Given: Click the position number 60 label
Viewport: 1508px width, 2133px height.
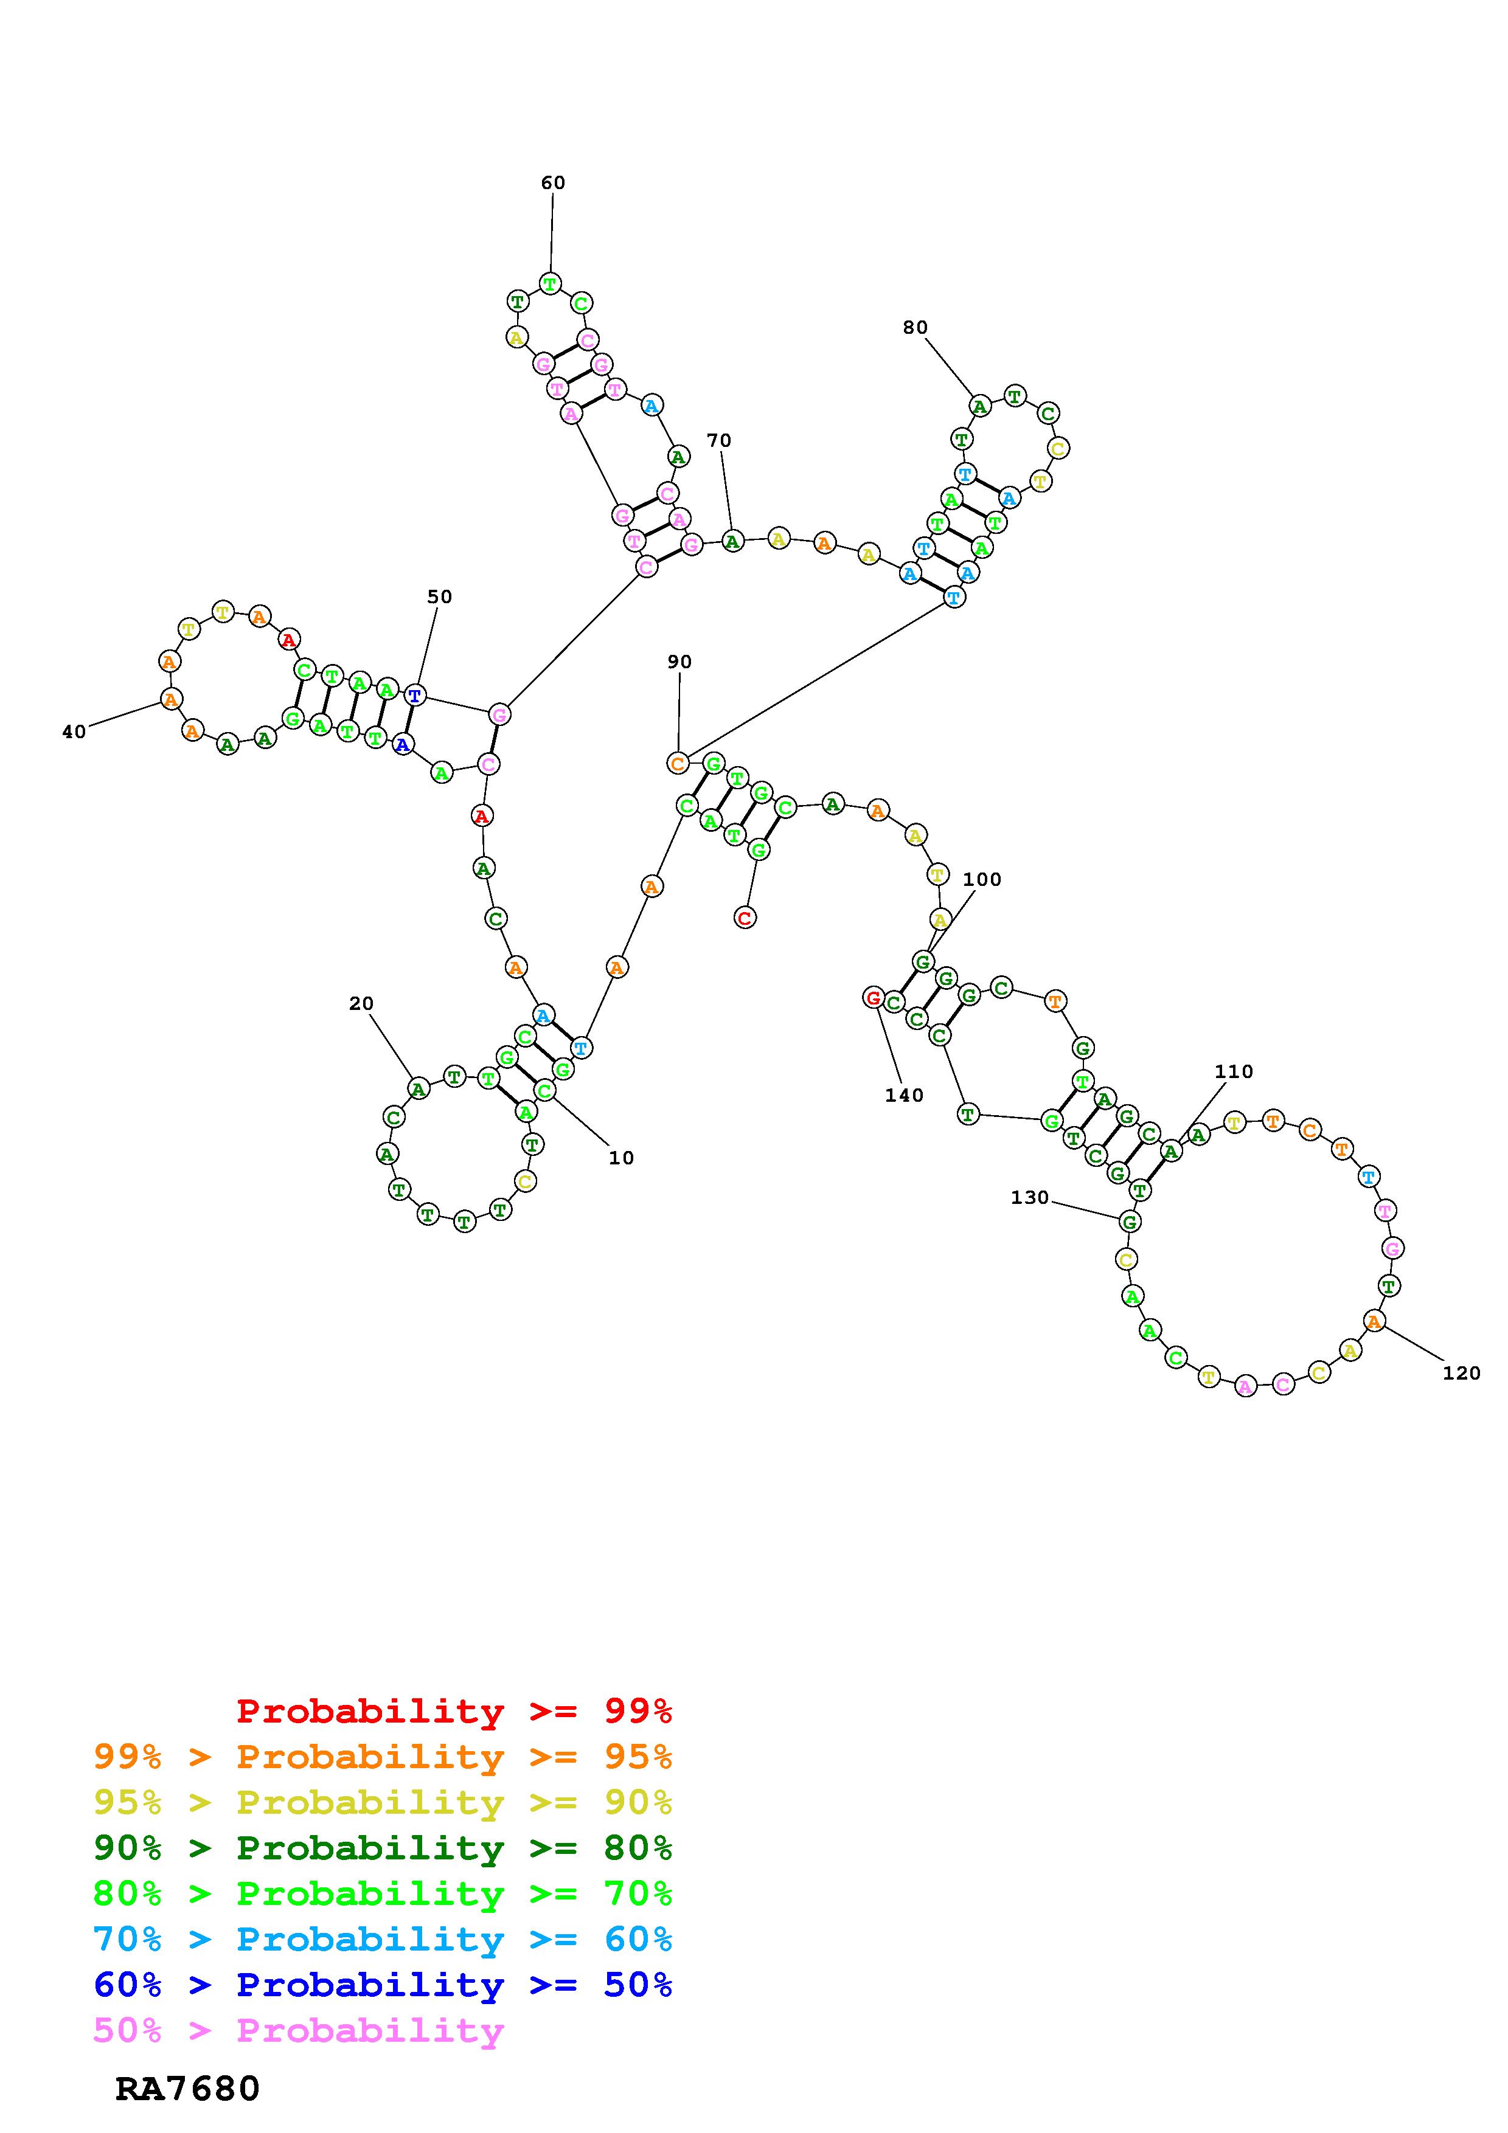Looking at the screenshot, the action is pos(553,183).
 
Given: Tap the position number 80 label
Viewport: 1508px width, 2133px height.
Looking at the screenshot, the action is pos(916,327).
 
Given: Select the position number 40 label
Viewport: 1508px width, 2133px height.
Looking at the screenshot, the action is pos(74,732).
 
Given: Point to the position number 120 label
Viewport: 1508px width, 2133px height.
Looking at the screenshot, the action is pos(1461,1373).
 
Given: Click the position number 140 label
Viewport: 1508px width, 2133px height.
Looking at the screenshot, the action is pos(904,1095).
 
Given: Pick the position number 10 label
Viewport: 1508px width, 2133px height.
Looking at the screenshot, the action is pos(620,1158).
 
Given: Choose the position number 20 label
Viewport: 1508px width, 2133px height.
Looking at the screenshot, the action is pos(361,1003).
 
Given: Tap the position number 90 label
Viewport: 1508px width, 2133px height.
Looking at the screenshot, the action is pos(679,662).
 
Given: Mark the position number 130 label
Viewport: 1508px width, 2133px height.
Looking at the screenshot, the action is pos(1029,1197).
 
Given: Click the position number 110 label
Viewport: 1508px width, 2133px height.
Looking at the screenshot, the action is pos(1234,1071).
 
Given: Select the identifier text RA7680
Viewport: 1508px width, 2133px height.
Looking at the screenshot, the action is pos(188,2089).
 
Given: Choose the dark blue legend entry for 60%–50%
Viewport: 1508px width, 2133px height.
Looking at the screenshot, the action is pos(383,1985).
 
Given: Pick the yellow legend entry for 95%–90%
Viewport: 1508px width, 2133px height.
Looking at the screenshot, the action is pos(383,1802).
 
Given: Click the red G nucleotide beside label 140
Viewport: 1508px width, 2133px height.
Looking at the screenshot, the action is pos(872,998).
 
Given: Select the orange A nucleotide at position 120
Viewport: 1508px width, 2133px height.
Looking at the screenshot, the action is pos(1374,1320).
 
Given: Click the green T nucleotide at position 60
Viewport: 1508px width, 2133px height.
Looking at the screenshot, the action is pos(550,283).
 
